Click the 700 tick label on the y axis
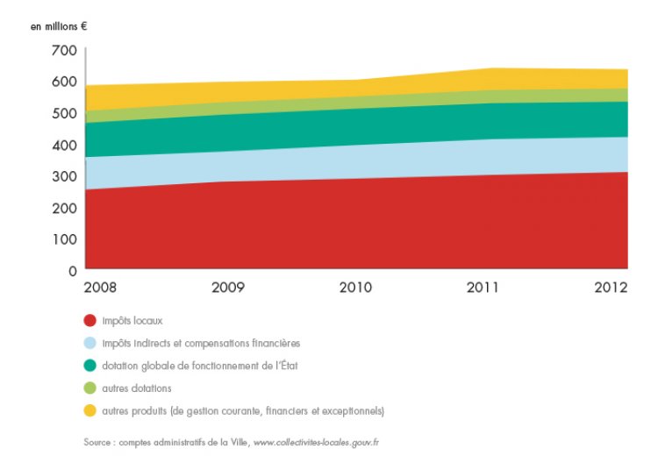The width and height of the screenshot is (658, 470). click(x=64, y=51)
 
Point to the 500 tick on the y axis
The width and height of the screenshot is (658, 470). click(x=64, y=114)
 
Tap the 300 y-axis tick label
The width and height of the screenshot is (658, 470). click(x=64, y=176)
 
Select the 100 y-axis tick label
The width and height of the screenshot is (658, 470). click(x=64, y=239)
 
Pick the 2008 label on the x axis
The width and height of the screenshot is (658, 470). click(x=101, y=288)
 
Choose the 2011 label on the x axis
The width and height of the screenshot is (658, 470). click(x=483, y=288)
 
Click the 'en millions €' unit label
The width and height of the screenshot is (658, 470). click(x=60, y=26)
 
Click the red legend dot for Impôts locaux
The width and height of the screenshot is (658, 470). click(x=90, y=320)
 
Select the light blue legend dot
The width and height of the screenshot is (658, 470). click(x=90, y=343)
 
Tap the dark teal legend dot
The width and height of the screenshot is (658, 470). click(x=90, y=366)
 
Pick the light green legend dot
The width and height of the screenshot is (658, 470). click(x=90, y=388)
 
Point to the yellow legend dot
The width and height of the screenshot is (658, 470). click(x=90, y=410)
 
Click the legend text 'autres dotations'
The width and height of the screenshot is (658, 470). click(x=136, y=388)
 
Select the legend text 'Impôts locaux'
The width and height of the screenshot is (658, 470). click(x=132, y=320)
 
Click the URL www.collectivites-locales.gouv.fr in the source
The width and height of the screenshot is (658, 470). click(x=316, y=443)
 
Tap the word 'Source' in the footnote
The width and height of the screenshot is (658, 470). click(x=99, y=443)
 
